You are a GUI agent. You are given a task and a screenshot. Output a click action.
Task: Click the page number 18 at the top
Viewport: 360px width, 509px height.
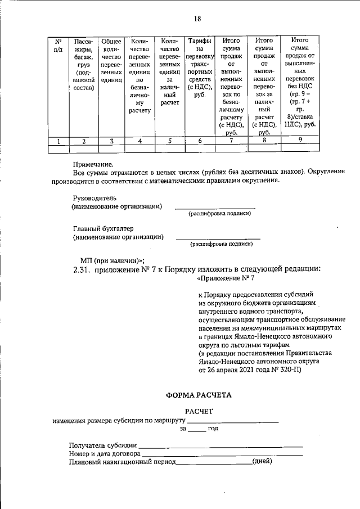(x=197, y=19)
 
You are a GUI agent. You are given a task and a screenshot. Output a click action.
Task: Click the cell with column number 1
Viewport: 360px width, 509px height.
(x=58, y=141)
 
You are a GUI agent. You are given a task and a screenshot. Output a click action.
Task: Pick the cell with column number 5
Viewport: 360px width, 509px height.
(x=169, y=141)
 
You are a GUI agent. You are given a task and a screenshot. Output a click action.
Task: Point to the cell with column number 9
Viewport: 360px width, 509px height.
(x=300, y=141)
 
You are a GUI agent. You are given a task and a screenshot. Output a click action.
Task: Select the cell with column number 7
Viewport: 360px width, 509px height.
(x=231, y=141)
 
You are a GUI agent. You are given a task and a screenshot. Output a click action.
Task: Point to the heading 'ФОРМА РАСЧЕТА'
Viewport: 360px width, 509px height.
(x=198, y=395)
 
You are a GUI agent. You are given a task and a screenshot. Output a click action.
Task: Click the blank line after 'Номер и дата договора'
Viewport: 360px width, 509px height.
(x=223, y=454)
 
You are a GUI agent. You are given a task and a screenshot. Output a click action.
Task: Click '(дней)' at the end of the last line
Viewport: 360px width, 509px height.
(x=262, y=462)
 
